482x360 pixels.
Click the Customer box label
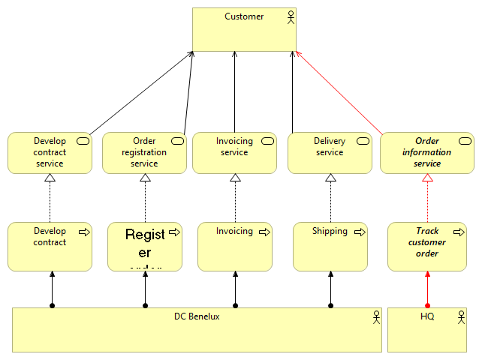(244, 16)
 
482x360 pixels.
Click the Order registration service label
(144, 152)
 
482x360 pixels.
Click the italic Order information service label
(427, 152)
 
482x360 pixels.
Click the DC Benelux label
(197, 316)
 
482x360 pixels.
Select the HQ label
(427, 316)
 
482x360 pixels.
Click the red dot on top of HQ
(427, 305)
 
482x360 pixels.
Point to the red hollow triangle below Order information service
(427, 178)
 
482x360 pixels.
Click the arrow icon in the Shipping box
(360, 232)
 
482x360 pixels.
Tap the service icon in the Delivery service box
(362, 141)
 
